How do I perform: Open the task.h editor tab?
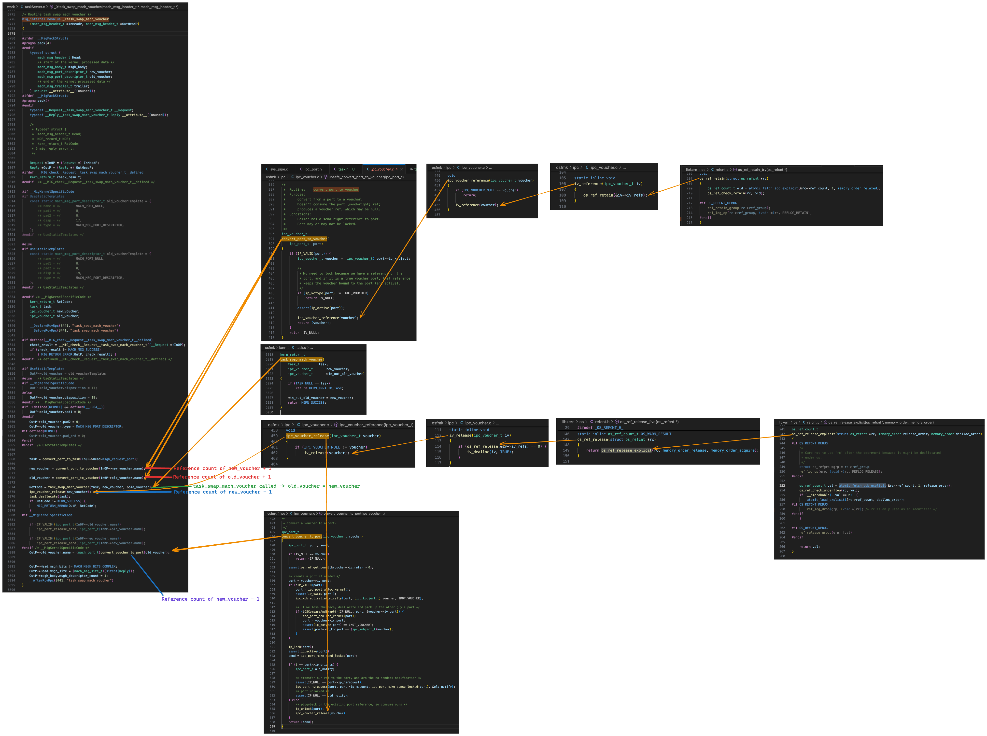click(x=343, y=169)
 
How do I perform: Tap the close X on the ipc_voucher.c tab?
click(x=401, y=169)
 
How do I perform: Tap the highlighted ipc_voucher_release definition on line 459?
click(x=307, y=436)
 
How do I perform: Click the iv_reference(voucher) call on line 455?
click(x=477, y=205)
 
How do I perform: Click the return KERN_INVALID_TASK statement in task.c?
click(x=319, y=388)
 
